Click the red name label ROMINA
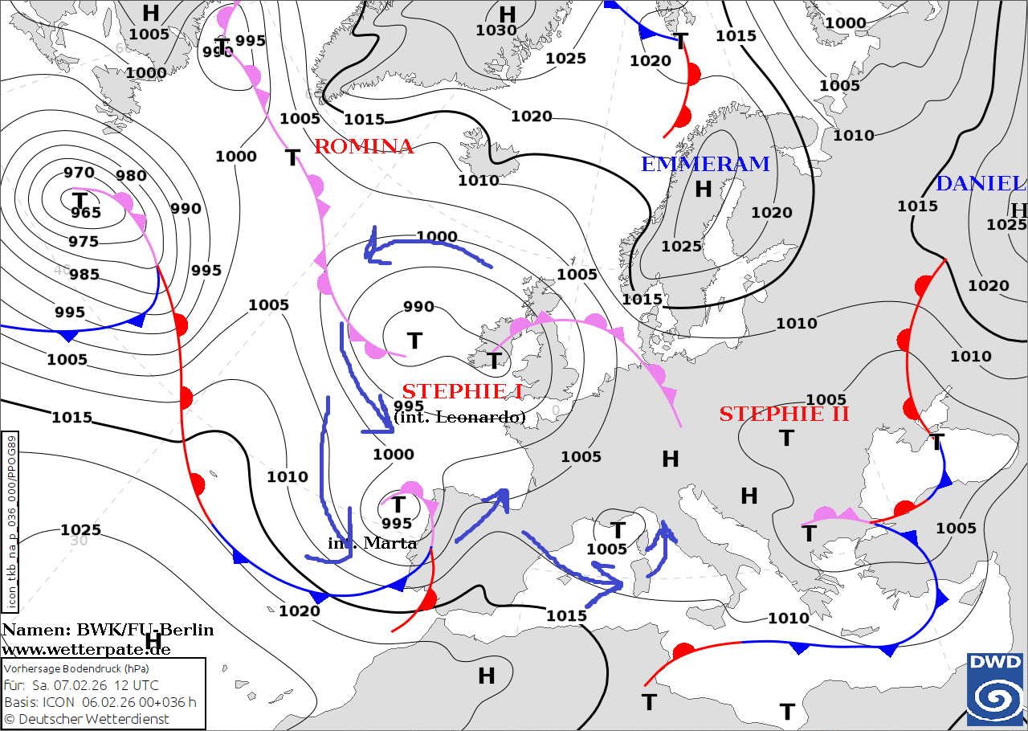pyautogui.click(x=363, y=147)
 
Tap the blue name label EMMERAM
pyautogui.click(x=705, y=165)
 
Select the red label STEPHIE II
pyautogui.click(x=784, y=415)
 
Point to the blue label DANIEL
pyautogui.click(x=981, y=184)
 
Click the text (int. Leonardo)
pyautogui.click(x=459, y=418)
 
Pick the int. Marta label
pyautogui.click(x=373, y=543)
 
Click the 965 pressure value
pyautogui.click(x=86, y=213)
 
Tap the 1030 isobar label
pyautogui.click(x=496, y=31)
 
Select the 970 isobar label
pyautogui.click(x=80, y=173)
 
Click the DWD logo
pyautogui.click(x=995, y=689)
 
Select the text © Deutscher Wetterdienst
pyautogui.click(x=87, y=719)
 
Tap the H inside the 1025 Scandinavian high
pyautogui.click(x=704, y=190)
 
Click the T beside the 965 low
pyautogui.click(x=80, y=199)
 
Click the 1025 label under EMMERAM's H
pyautogui.click(x=681, y=246)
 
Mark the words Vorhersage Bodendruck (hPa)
pyautogui.click(x=77, y=668)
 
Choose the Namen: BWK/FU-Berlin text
pyautogui.click(x=108, y=630)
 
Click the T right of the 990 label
pyautogui.click(x=414, y=341)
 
